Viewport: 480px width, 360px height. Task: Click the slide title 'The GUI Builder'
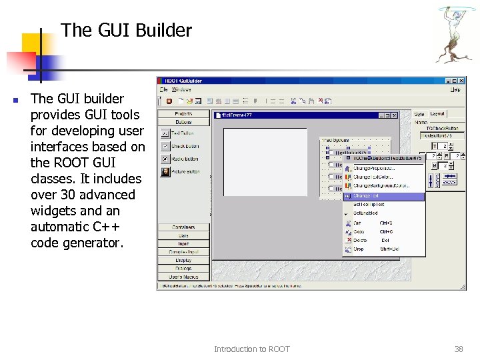(x=126, y=31)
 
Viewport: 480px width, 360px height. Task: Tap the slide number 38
(x=458, y=349)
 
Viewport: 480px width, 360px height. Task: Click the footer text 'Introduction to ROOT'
(x=251, y=349)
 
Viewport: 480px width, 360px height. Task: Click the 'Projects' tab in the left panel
(x=183, y=114)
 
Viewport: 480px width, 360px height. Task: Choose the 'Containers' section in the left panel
(x=183, y=227)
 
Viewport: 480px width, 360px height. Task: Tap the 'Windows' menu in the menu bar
(x=181, y=89)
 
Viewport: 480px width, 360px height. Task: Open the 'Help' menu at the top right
(x=455, y=89)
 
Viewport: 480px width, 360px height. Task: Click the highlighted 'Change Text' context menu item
(x=384, y=197)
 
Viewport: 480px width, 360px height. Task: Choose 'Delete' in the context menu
(x=361, y=240)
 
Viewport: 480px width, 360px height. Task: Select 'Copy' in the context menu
(x=359, y=231)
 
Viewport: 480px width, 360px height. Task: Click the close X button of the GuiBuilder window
(x=461, y=81)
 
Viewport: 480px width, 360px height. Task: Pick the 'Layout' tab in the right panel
(x=437, y=114)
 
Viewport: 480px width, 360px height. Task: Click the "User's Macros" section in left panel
(x=183, y=276)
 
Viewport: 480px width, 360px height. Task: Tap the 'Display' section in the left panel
(x=183, y=260)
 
